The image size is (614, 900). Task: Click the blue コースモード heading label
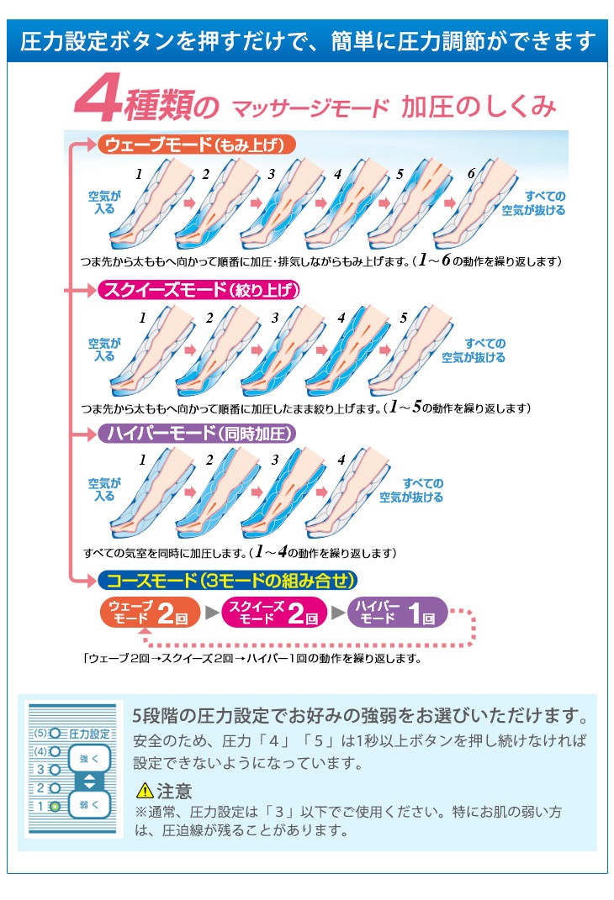point(227,580)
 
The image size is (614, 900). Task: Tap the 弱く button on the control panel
point(88,804)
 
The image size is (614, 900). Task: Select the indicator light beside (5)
point(56,733)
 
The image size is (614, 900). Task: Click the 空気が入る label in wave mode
point(104,203)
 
